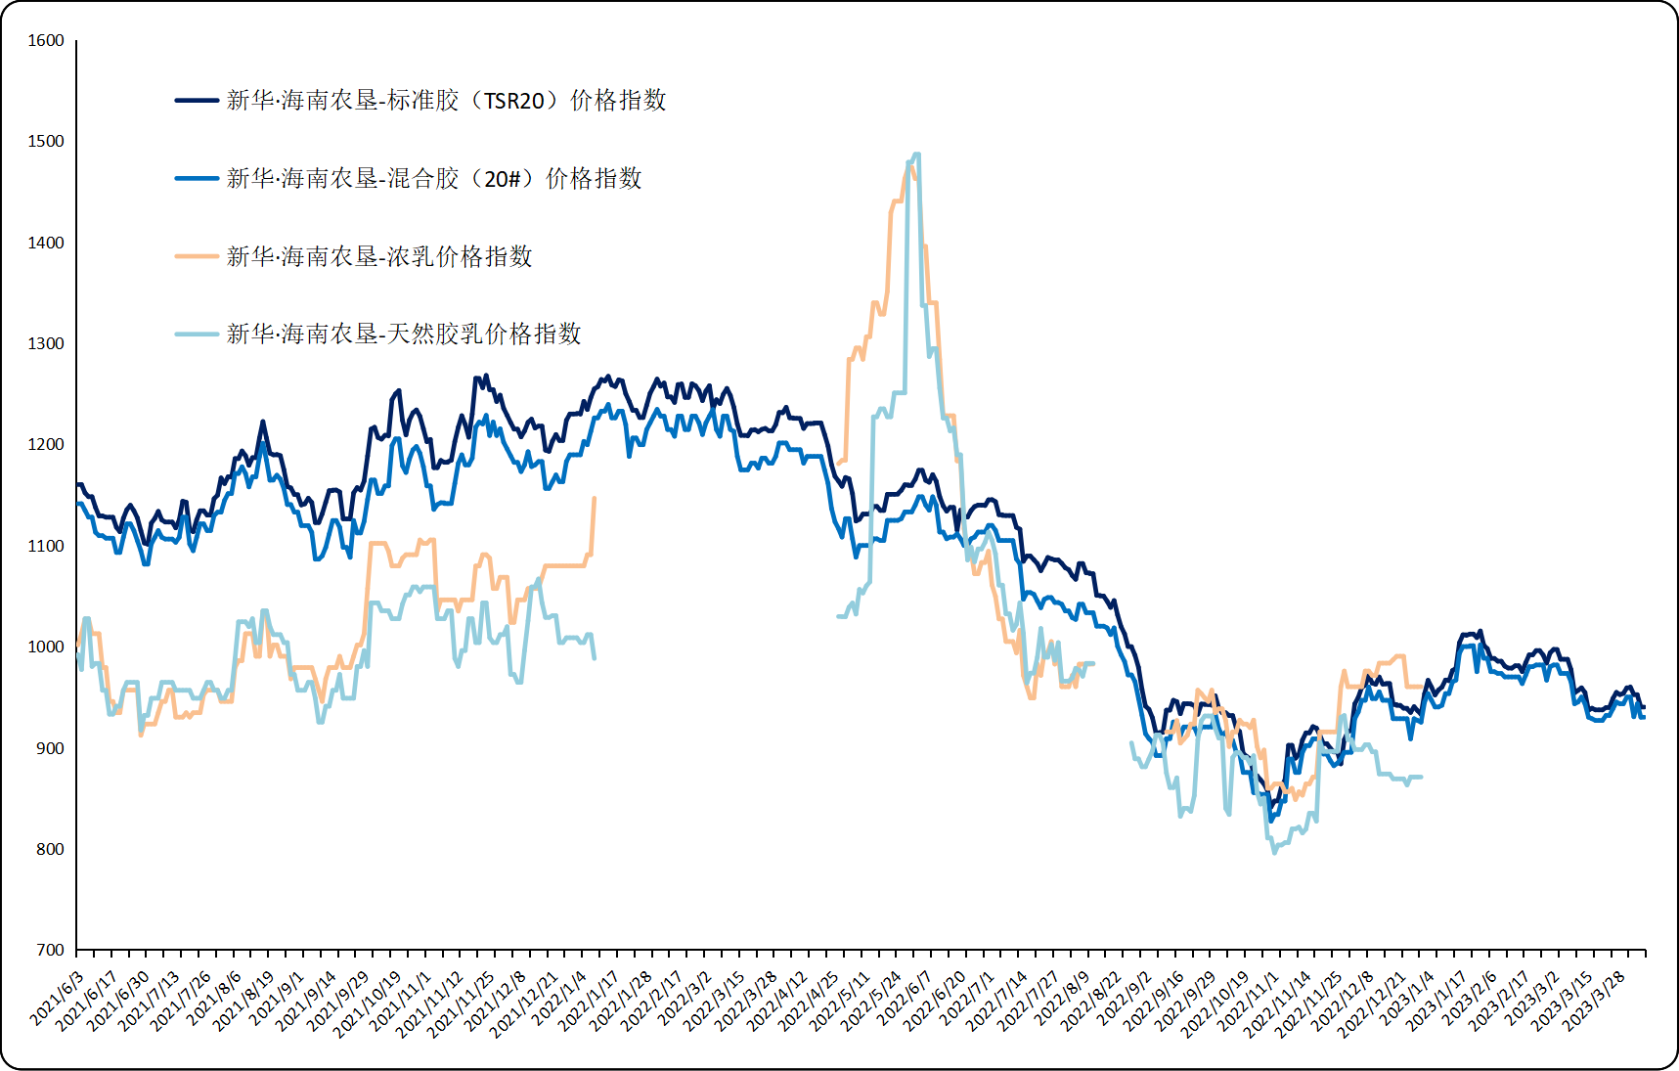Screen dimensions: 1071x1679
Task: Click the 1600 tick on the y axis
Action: click(x=46, y=41)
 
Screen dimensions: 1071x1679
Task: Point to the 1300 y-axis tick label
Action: click(x=46, y=344)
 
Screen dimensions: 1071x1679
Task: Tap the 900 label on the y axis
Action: click(x=49, y=749)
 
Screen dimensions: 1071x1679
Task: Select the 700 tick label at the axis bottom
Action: click(x=49, y=951)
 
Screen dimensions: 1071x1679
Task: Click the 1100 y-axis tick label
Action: click(x=46, y=547)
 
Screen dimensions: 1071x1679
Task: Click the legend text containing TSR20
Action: click(x=446, y=101)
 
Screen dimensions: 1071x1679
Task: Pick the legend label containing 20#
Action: click(x=434, y=179)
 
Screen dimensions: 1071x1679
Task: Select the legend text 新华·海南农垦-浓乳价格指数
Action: click(x=379, y=256)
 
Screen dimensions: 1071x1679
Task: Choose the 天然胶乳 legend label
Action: click(x=404, y=335)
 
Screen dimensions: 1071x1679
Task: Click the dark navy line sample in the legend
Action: click(x=197, y=101)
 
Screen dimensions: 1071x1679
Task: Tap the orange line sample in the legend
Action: click(x=197, y=256)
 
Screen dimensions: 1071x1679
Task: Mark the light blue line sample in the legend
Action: click(x=197, y=335)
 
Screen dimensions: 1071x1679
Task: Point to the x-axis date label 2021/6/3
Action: click(x=58, y=999)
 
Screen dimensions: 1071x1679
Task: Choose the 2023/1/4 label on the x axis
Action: click(x=1408, y=999)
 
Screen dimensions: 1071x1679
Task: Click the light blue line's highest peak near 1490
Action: click(x=916, y=155)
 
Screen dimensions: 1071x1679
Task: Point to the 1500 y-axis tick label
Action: click(x=46, y=142)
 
